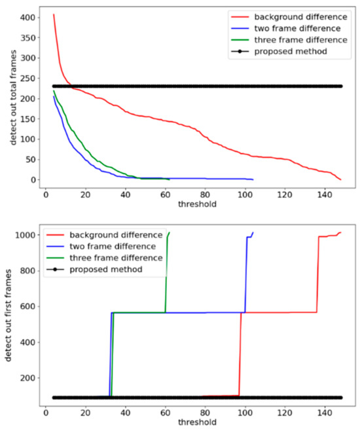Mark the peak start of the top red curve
click(54, 14)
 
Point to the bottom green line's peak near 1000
click(170, 232)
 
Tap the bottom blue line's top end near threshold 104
click(253, 232)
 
